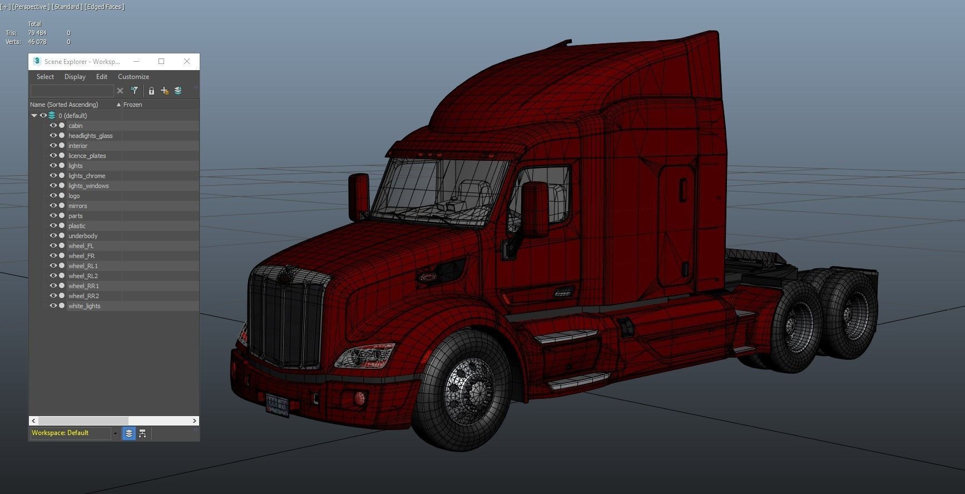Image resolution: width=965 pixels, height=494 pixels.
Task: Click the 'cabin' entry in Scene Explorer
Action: [x=76, y=126]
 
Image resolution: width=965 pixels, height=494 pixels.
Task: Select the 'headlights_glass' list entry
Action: [x=90, y=136]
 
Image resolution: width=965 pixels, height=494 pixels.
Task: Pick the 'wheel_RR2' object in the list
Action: [x=83, y=296]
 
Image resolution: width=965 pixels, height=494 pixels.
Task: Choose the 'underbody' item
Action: [x=83, y=236]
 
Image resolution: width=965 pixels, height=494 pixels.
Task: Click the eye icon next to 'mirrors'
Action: [x=53, y=205]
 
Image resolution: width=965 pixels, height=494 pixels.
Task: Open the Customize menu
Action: [x=133, y=77]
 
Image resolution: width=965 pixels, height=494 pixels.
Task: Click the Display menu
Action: [x=75, y=77]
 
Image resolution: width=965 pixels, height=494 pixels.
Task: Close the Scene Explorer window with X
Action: [x=187, y=61]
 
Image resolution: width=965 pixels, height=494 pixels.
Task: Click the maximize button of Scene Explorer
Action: [x=161, y=61]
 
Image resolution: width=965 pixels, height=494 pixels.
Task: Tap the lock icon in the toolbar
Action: [x=151, y=91]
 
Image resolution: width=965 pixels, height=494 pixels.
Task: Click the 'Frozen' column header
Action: [x=133, y=105]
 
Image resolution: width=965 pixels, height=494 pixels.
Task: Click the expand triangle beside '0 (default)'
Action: [x=34, y=116]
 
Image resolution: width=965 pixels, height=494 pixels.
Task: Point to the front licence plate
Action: [x=277, y=405]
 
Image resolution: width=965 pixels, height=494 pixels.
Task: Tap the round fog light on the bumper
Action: [x=359, y=398]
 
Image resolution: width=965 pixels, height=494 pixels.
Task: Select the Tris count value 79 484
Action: [x=37, y=33]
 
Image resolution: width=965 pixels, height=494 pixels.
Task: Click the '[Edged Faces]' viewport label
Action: [x=105, y=7]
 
